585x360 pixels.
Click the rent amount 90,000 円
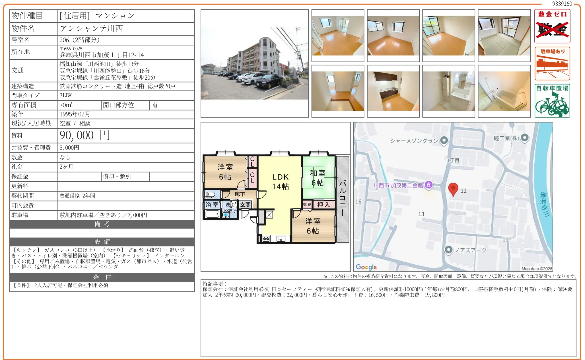[x=85, y=135]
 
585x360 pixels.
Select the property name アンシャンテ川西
[x=91, y=28]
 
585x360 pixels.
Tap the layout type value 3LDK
[x=66, y=95]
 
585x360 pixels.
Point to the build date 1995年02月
[x=75, y=114]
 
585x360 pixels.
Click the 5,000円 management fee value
[x=69, y=148]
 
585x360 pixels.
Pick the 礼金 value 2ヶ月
[x=66, y=167]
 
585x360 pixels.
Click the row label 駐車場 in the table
[x=20, y=215]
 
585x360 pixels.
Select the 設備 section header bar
[x=102, y=242]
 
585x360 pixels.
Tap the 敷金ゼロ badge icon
[x=552, y=26]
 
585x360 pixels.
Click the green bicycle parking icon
[x=552, y=101]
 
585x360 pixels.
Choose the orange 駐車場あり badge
[x=552, y=63]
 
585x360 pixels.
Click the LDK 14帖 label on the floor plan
[x=281, y=182]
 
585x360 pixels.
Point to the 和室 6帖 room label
[x=318, y=178]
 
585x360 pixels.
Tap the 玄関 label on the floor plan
[x=245, y=205]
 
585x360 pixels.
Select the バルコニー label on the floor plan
[x=343, y=198]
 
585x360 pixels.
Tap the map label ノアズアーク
[x=470, y=250]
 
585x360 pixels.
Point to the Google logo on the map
[x=366, y=267]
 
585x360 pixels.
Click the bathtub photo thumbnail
[x=504, y=91]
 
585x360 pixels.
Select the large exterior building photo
[x=255, y=63]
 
